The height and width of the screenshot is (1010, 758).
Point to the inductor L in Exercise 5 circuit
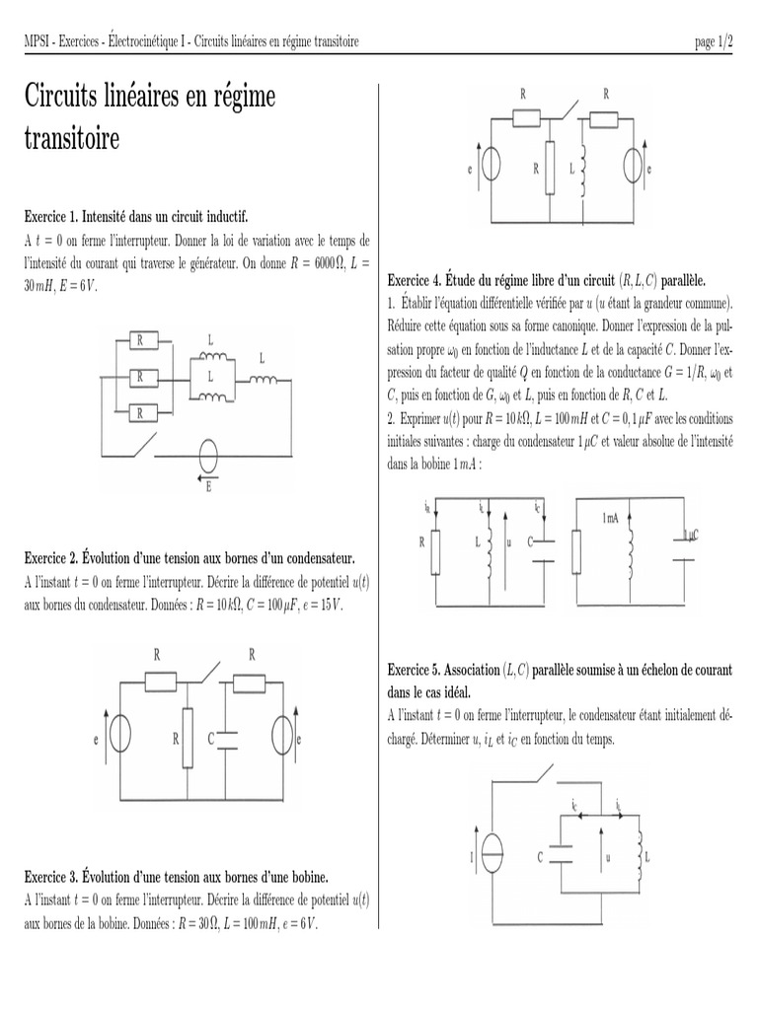coord(639,855)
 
